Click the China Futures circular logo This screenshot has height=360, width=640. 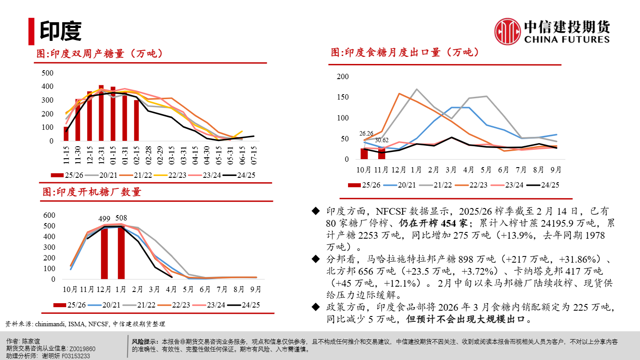click(508, 31)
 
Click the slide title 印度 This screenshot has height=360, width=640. click(61, 31)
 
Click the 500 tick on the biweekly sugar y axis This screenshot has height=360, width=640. click(47, 73)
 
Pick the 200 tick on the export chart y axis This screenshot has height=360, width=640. click(343, 76)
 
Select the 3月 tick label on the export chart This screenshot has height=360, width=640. click(451, 170)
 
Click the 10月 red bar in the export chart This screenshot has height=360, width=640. click(364, 153)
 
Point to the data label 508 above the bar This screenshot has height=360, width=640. click(121, 218)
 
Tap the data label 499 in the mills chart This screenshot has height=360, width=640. click(104, 219)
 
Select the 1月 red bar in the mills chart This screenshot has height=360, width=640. click(121, 252)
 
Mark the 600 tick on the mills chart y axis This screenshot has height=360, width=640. click(49, 215)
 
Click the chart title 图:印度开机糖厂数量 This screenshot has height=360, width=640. click(92, 192)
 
